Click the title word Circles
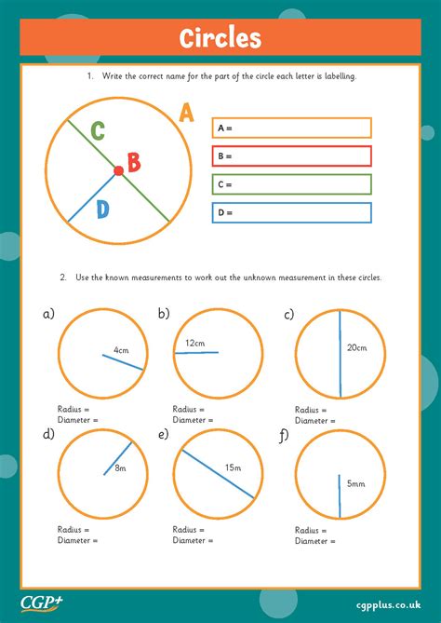pyautogui.click(x=220, y=39)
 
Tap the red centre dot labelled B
pyautogui.click(x=118, y=170)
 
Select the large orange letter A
pyautogui.click(x=186, y=113)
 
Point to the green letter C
pyautogui.click(x=97, y=130)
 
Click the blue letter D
pyautogui.click(x=101, y=209)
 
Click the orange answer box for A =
pyautogui.click(x=291, y=128)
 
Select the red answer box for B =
pyautogui.click(x=291, y=156)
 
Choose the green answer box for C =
pyautogui.click(x=291, y=184)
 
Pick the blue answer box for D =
pyautogui.click(x=291, y=212)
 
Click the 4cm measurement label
pyautogui.click(x=121, y=350)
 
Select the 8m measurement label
pyautogui.click(x=120, y=468)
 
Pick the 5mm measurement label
pyautogui.click(x=356, y=483)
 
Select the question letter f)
pyautogui.click(x=284, y=434)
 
